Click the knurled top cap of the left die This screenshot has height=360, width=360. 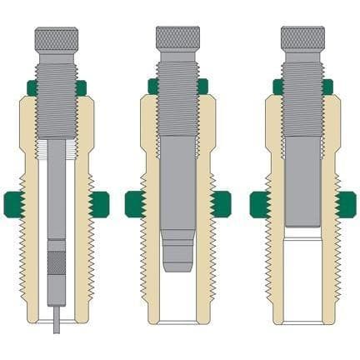(x=57, y=37)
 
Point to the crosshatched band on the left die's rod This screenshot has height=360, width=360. (x=57, y=262)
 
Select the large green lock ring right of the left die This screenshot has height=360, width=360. (x=99, y=202)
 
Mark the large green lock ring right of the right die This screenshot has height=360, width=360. (x=344, y=202)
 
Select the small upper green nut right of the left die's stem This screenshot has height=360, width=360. (x=82, y=86)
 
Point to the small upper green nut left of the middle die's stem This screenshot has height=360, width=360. (x=153, y=85)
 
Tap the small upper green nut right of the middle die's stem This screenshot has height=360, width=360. (x=202, y=85)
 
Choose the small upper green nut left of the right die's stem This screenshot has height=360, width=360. (x=278, y=85)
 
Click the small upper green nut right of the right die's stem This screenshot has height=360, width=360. (x=327, y=85)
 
